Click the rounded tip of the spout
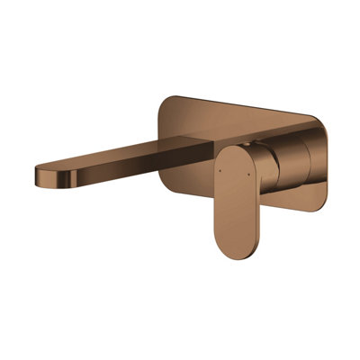pos(40,174)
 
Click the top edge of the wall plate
pos(243,106)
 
